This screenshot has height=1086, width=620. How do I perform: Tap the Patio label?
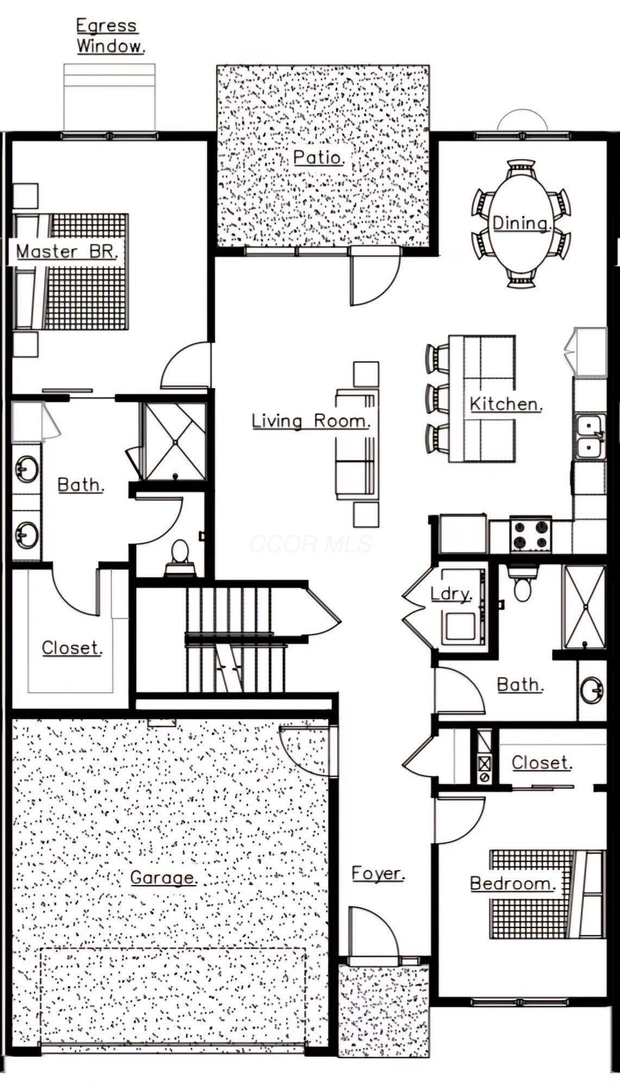(x=318, y=157)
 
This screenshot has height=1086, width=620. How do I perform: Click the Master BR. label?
(x=66, y=252)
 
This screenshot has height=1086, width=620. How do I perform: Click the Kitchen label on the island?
(x=506, y=404)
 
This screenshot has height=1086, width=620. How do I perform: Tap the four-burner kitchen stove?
(x=530, y=534)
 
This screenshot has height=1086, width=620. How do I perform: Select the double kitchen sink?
(x=590, y=436)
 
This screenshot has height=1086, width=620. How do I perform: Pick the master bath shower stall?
(x=174, y=441)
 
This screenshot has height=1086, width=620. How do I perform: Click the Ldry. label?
(x=451, y=593)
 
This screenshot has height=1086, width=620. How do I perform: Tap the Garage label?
(x=163, y=877)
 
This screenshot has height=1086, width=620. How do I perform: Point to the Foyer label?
(x=378, y=874)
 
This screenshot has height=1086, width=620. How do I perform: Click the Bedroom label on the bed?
(x=512, y=883)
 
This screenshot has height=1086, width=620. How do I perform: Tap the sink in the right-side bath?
(x=591, y=691)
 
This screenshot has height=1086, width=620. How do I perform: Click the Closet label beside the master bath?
(x=72, y=648)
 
